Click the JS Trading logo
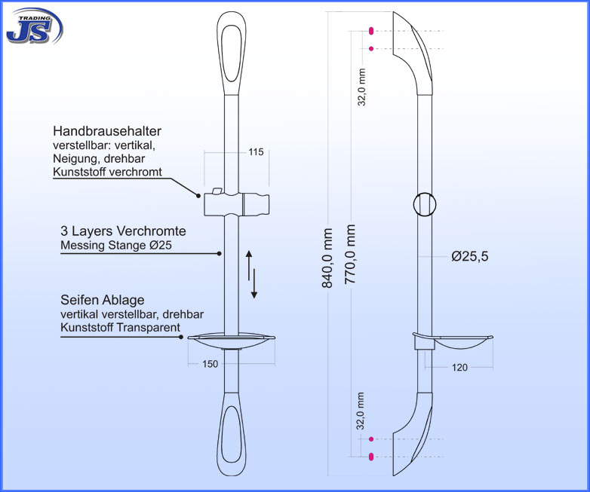pos(34,26)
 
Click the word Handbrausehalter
pos(107,131)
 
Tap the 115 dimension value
pos(256,152)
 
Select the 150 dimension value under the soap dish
pos(210,364)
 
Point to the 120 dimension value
pos(459,368)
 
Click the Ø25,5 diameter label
pos(470,256)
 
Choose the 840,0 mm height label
pos(327,258)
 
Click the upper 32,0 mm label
pos(361,87)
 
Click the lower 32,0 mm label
pos(361,411)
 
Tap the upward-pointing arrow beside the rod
pos(249,265)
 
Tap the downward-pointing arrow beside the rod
pos(254,284)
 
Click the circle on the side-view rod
pos(425,204)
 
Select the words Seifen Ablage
pos(103,300)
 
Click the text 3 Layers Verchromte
pos(124,231)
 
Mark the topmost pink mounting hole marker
pos(371,31)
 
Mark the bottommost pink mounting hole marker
pos(371,457)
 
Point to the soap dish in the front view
pos(232,341)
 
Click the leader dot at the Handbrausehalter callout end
pos(198,195)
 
